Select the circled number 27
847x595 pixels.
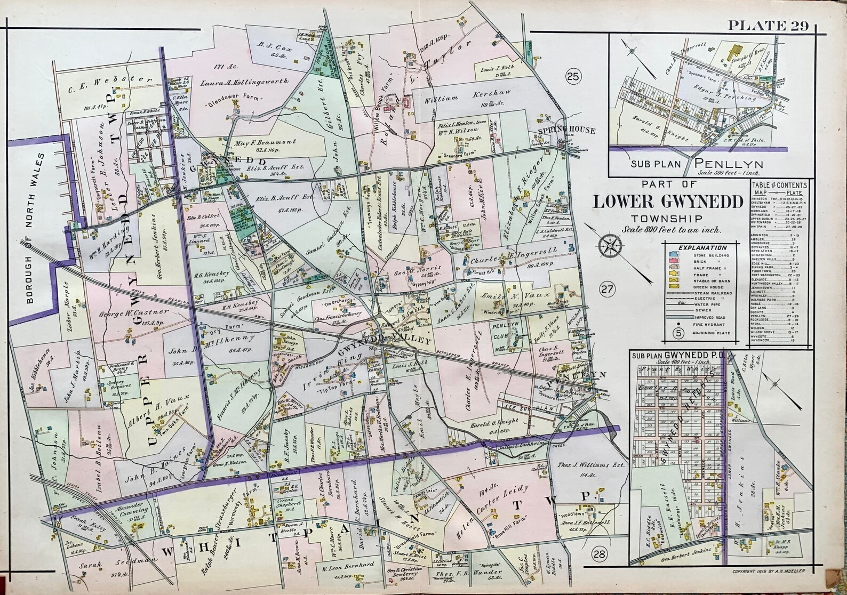pos(608,288)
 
